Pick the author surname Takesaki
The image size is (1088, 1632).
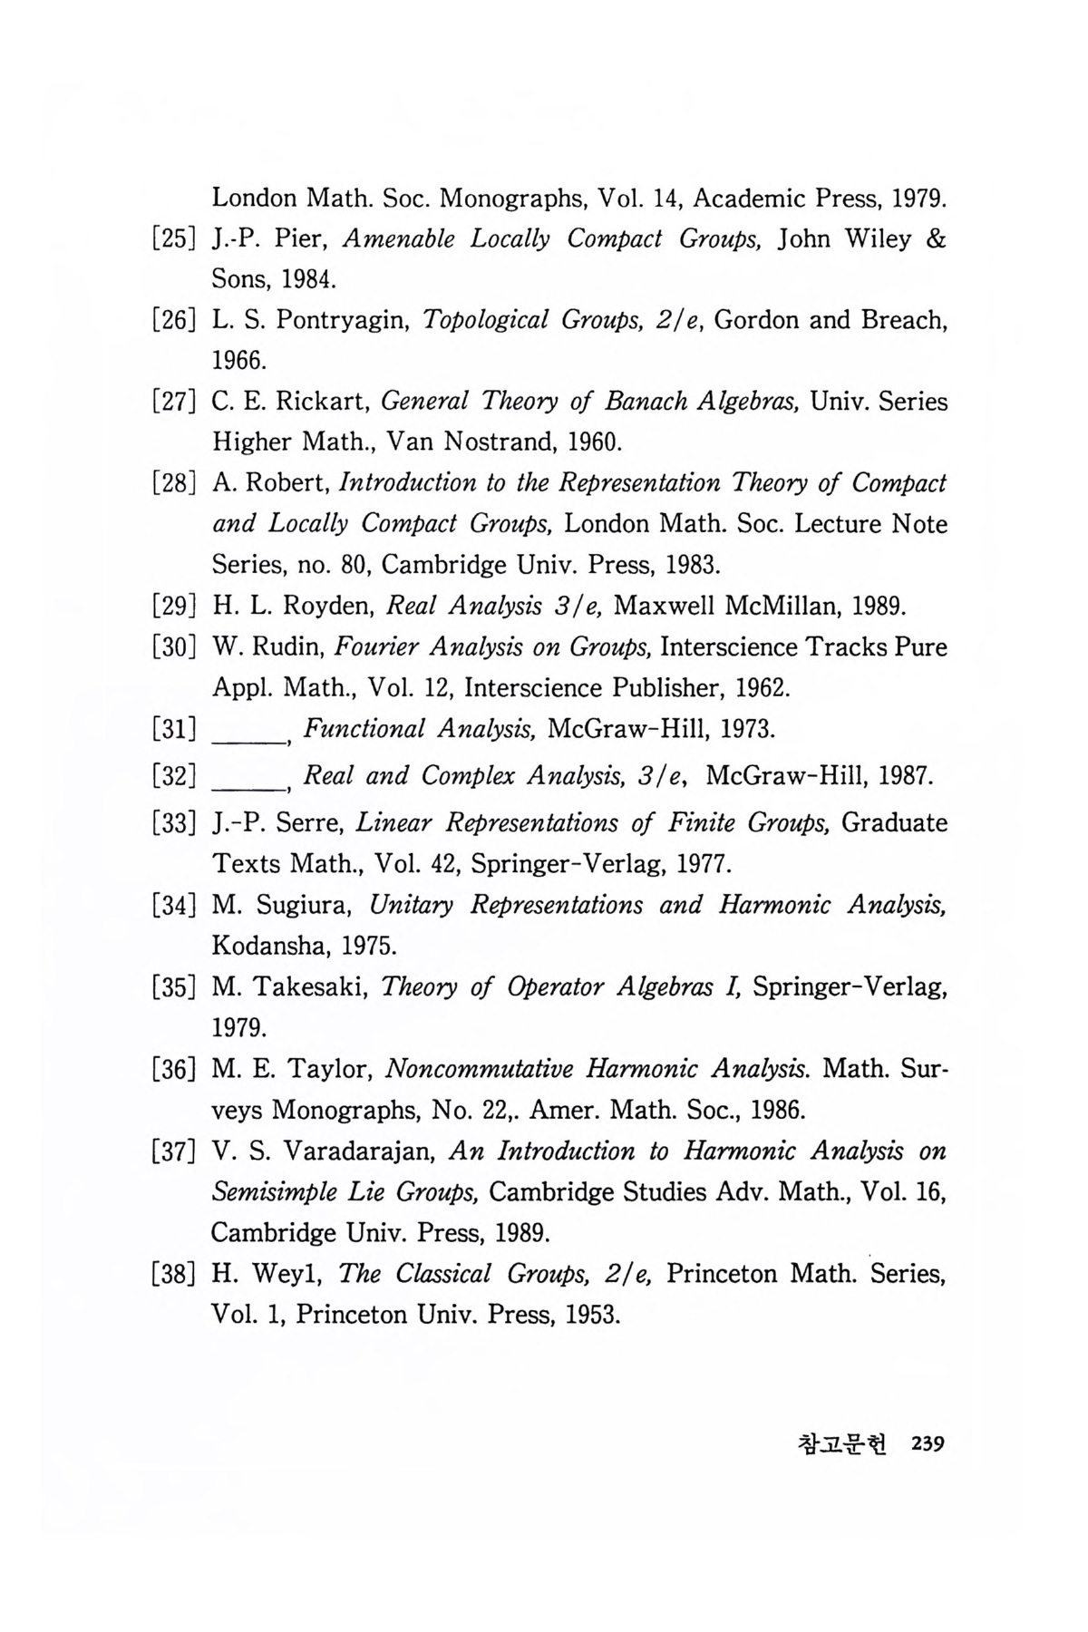click(x=306, y=987)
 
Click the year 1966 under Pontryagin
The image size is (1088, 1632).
click(x=238, y=361)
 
